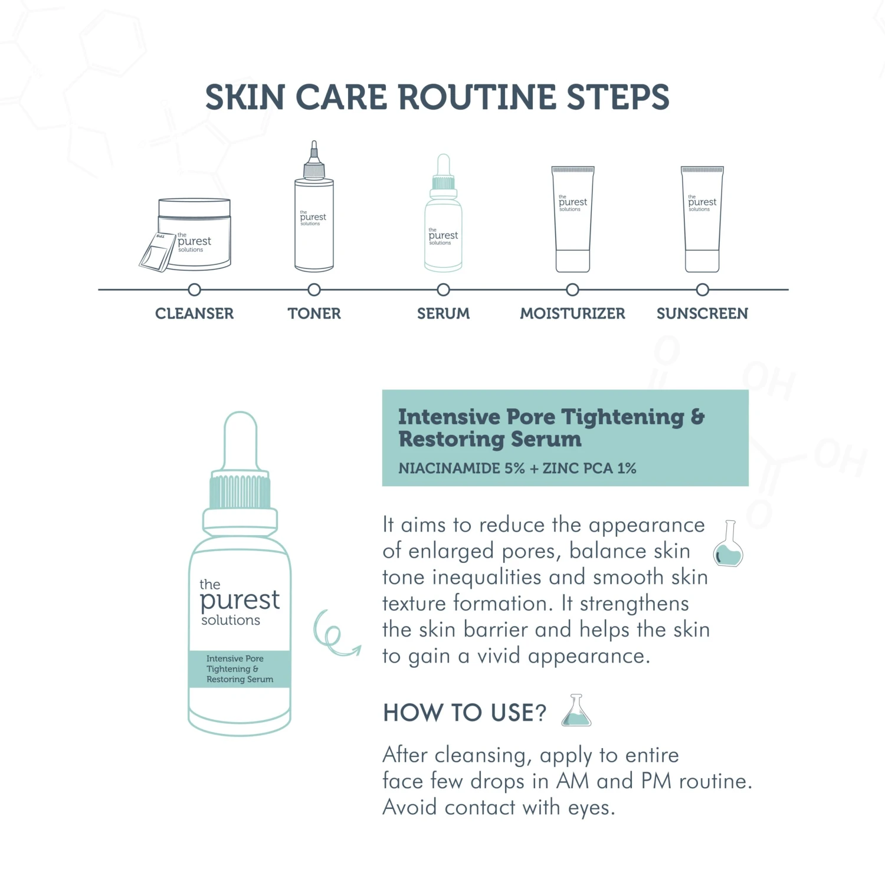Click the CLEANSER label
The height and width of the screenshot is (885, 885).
coord(194,313)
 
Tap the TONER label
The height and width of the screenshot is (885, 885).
coord(314,313)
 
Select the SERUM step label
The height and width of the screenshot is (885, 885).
coord(443,313)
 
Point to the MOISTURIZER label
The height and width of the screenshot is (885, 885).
coord(572,313)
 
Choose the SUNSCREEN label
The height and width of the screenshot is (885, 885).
coord(702,313)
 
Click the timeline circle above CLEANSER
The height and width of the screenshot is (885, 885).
coord(194,290)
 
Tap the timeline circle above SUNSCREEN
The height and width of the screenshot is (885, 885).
coord(702,290)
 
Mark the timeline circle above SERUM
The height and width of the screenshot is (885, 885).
coord(443,290)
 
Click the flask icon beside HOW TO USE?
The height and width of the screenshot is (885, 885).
coord(576,710)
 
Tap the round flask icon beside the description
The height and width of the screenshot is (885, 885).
coord(729,543)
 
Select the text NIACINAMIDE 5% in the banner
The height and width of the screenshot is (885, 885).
coord(461,468)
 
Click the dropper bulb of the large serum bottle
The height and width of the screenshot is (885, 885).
coord(240,441)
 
